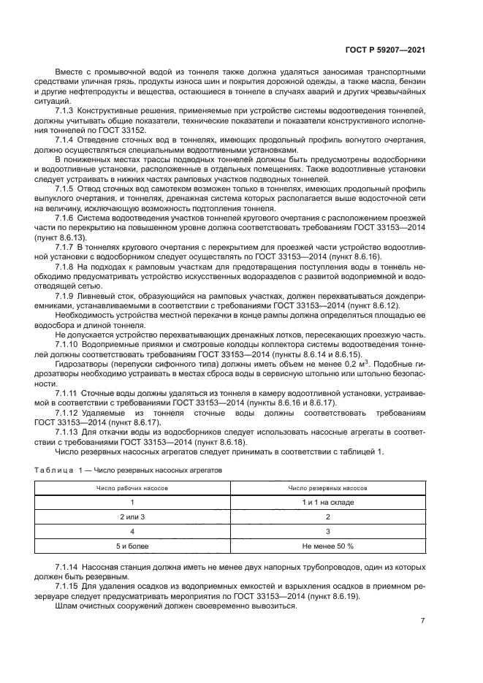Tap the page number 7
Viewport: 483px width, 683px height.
click(x=423, y=621)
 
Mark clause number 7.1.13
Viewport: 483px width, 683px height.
click(x=67, y=431)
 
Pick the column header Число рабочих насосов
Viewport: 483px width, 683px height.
click(x=132, y=487)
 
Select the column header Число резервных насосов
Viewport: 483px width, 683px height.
click(x=327, y=487)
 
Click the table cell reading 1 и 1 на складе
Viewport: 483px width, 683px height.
click(x=327, y=503)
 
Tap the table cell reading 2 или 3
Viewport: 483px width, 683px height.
click(x=132, y=516)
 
